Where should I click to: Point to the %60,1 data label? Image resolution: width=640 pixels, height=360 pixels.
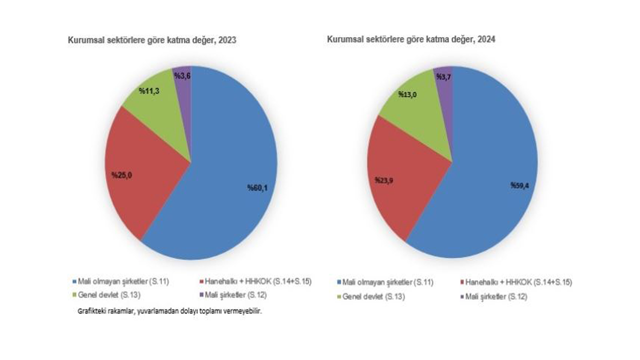click(258, 188)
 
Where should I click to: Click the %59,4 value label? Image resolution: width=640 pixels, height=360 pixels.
click(520, 185)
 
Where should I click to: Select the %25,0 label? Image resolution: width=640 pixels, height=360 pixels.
click(121, 175)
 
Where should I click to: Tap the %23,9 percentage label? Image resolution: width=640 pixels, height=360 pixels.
click(384, 179)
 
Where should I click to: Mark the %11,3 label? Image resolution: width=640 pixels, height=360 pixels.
click(149, 91)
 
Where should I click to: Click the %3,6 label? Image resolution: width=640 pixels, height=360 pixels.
click(181, 75)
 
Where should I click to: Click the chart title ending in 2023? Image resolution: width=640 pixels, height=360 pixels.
click(152, 40)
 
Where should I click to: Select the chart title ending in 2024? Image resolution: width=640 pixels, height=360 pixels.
click(411, 39)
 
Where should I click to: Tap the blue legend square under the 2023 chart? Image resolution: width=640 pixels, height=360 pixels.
click(74, 281)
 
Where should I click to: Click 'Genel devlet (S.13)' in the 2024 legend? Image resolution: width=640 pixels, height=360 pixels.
click(372, 296)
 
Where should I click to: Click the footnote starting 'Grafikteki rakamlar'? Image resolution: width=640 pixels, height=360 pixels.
click(169, 310)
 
